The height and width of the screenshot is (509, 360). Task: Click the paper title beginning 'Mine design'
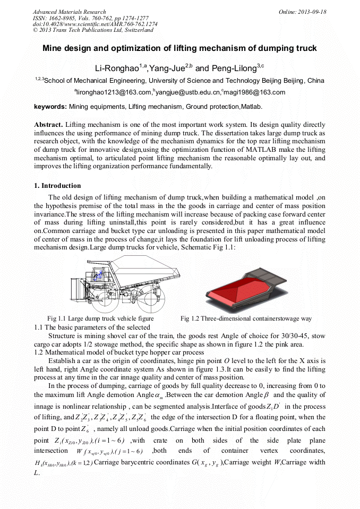tap(179, 48)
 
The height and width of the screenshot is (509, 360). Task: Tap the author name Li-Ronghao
tap(113, 68)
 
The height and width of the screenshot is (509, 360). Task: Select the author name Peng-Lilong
tap(234, 68)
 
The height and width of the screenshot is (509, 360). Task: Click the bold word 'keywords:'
tap(50, 107)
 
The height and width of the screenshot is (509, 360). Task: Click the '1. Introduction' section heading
tap(57, 186)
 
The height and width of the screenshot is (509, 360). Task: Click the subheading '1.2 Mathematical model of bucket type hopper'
tap(118, 352)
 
